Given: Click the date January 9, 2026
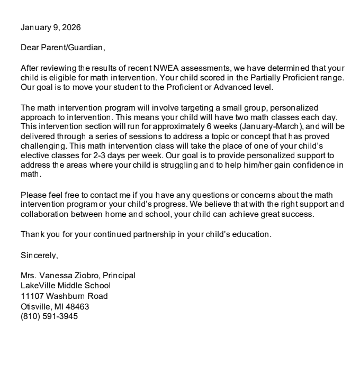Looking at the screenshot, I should click(51, 27).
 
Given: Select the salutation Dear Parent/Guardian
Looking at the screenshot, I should click(63, 48).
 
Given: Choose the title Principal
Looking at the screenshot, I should click(119, 276).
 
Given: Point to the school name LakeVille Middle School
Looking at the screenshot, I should click(64, 286).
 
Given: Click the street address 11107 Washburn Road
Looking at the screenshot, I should click(64, 296).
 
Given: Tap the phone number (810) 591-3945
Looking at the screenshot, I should click(49, 316).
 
